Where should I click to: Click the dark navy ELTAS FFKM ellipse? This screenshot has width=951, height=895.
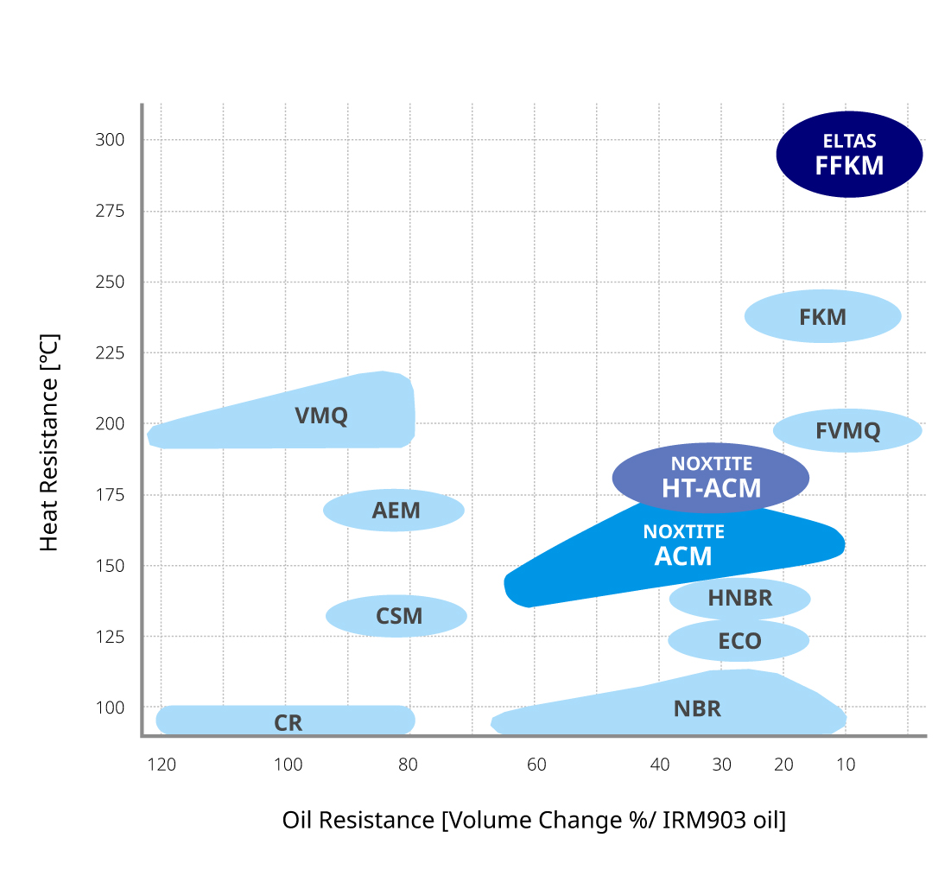pos(849,155)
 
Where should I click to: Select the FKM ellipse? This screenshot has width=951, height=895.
pos(822,316)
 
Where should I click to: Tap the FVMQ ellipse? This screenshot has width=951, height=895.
pos(847,430)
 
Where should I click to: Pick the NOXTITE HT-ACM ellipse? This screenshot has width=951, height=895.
pos(710,477)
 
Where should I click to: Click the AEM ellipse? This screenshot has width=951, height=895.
pos(394,510)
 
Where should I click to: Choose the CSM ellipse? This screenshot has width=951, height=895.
pos(396,616)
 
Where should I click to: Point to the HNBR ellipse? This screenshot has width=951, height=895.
pos(739,598)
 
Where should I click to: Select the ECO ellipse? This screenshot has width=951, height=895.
pos(739,641)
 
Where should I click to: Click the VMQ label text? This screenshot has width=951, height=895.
pos(321,416)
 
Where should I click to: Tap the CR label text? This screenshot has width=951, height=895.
pos(288,723)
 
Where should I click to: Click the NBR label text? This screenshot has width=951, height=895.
pos(697,709)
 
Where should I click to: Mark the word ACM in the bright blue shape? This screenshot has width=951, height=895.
pos(683,556)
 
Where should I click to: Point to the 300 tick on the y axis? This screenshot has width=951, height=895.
pos(110,140)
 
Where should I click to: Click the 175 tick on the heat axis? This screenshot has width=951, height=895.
pos(110,495)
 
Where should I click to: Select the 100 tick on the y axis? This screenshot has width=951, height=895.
pos(110,708)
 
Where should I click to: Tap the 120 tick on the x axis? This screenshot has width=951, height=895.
pos(162,765)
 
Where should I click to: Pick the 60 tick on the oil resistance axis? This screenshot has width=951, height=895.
pos(536,765)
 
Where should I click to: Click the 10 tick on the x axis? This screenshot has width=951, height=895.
pos(846,765)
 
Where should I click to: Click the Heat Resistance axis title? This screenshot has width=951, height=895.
pos(49,442)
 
